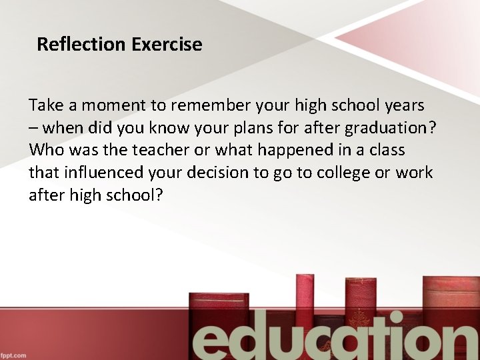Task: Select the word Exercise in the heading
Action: (x=167, y=45)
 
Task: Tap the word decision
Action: (x=215, y=173)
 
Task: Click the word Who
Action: (x=45, y=150)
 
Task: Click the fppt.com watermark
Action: (x=13, y=355)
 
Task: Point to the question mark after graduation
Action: (x=432, y=128)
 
